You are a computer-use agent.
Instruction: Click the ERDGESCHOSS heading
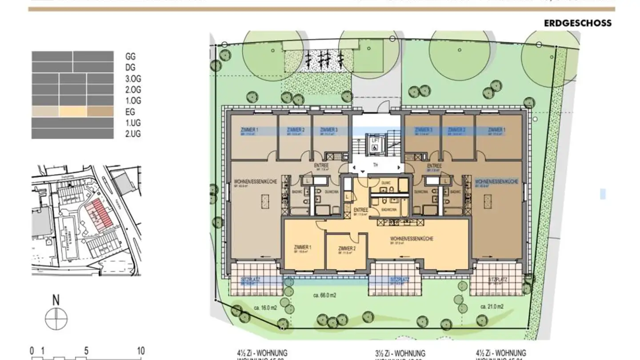tap(577, 23)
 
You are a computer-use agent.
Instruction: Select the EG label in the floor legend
tap(130, 112)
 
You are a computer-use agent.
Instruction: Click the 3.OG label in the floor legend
tap(133, 79)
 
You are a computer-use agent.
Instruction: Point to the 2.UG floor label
tap(133, 134)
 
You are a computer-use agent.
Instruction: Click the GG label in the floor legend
tap(130, 56)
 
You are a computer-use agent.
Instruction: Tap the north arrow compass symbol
tap(56, 318)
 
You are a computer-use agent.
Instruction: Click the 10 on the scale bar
tap(140, 351)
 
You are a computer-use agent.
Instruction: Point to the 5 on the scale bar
tap(86, 351)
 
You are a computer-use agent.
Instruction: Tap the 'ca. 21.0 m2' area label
tap(492, 307)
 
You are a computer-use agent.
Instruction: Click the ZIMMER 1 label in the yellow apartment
tap(303, 247)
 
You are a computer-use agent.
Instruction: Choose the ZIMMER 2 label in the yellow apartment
tap(347, 248)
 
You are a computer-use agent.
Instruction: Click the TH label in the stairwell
tap(376, 165)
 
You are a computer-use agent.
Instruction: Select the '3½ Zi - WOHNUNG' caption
tap(400, 353)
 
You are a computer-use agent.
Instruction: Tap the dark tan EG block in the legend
tap(99, 112)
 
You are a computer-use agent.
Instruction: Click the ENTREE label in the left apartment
tap(321, 165)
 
